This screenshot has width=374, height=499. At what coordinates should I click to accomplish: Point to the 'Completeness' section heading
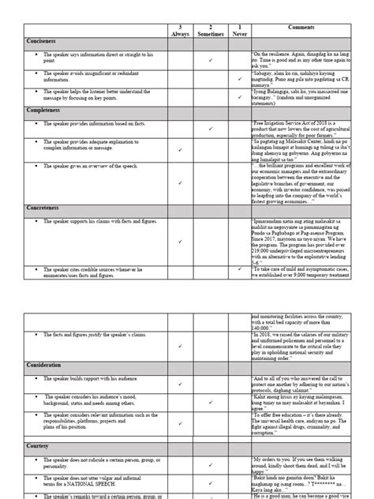(45, 111)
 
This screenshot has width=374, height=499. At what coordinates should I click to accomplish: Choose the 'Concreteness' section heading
(45, 207)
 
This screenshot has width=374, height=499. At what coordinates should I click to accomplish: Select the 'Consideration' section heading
(47, 366)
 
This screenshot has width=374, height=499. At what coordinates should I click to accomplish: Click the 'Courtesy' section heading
(37, 446)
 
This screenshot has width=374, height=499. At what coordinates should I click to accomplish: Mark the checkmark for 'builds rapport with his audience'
(181, 383)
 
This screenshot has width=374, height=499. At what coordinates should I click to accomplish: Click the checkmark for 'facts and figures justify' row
(181, 346)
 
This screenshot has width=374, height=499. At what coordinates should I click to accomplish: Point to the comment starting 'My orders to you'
(301, 463)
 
